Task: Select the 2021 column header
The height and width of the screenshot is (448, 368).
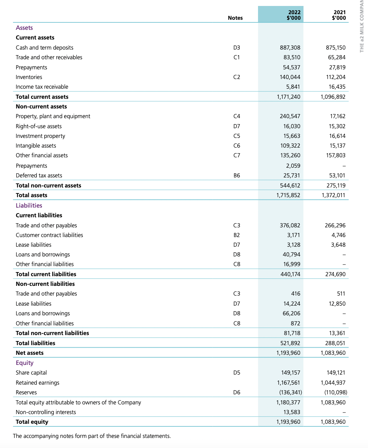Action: [339, 15]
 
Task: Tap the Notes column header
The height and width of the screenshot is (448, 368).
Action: [235, 18]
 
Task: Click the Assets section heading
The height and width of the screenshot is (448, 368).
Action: [24, 28]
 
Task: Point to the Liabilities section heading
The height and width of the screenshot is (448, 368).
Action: [29, 205]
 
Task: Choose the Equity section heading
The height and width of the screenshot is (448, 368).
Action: [25, 363]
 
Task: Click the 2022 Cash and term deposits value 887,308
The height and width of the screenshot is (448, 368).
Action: [290, 48]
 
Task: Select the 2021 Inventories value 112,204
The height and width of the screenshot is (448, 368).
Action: [335, 77]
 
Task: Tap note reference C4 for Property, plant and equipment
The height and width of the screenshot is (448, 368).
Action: [236, 116]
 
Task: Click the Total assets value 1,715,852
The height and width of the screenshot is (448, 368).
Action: [288, 195]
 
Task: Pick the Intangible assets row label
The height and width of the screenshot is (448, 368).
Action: [36, 146]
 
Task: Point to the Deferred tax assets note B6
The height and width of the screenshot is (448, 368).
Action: [236, 176]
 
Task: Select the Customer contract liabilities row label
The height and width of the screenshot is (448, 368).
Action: [49, 235]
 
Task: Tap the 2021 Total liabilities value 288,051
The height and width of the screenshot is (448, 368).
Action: [335, 343]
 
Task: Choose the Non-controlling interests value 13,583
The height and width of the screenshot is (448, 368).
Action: [292, 412]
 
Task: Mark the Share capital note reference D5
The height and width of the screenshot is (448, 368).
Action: [236, 373]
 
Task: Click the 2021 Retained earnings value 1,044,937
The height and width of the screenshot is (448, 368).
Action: [333, 383]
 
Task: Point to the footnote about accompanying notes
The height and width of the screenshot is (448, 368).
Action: [92, 436]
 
